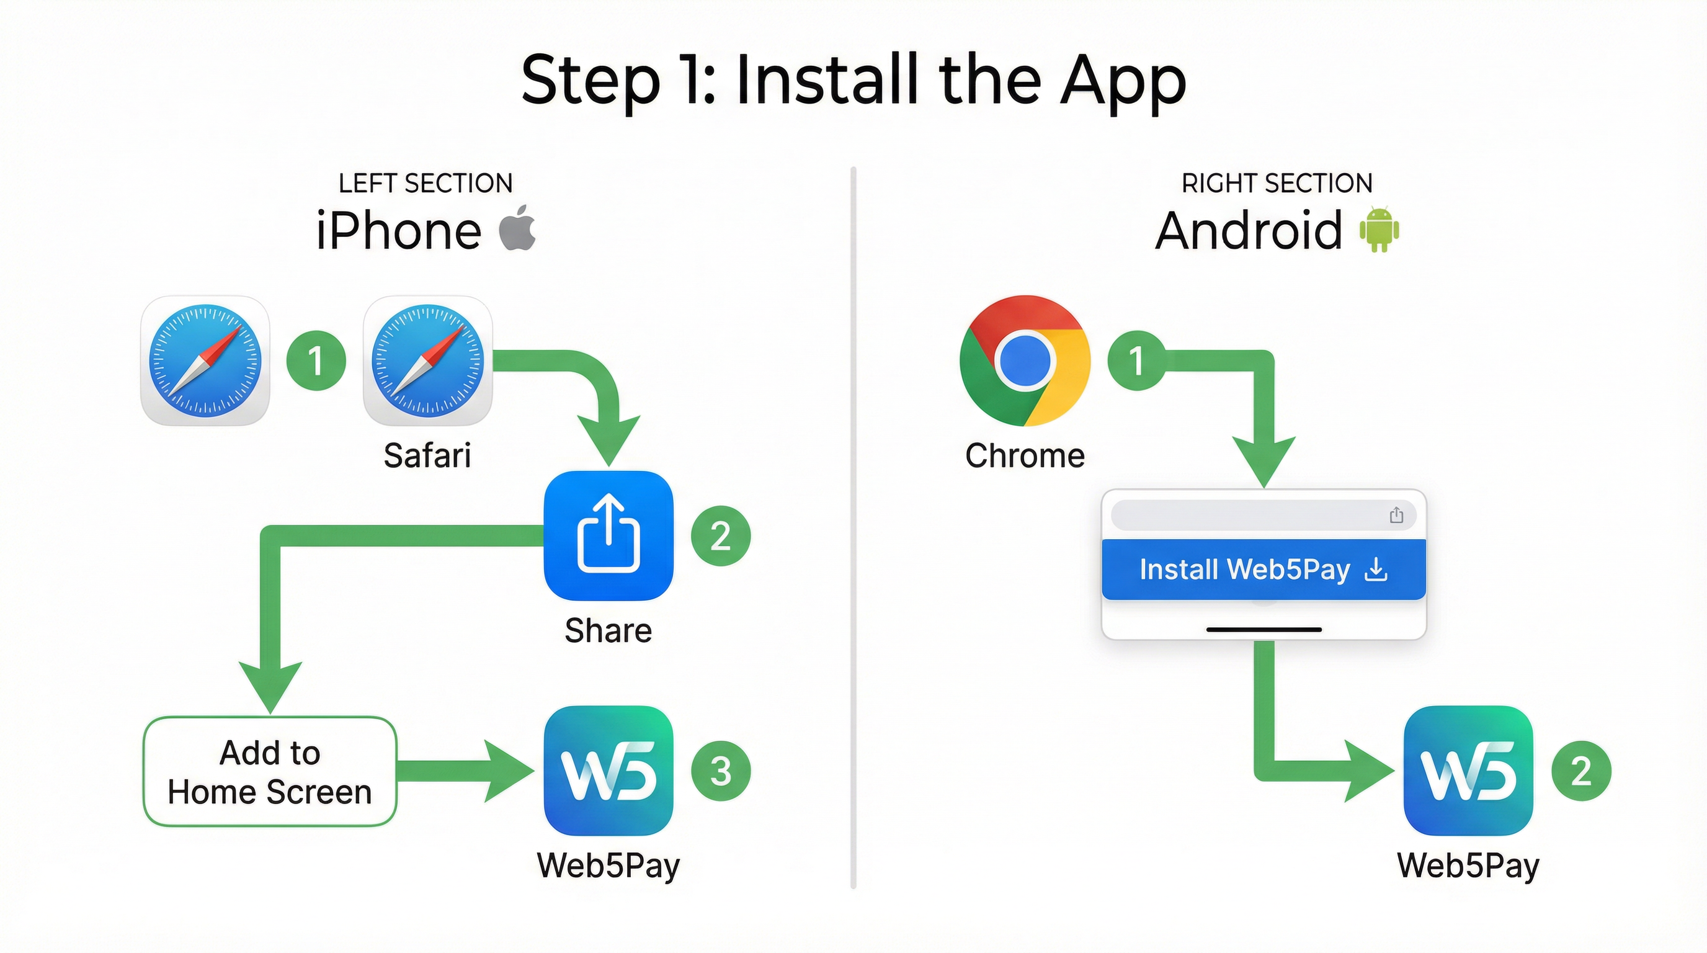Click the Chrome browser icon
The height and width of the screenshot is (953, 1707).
[x=1025, y=360]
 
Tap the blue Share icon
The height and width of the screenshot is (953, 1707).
[x=608, y=535]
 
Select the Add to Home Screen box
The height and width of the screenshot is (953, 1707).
[x=270, y=771]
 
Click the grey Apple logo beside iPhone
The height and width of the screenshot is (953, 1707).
[x=517, y=228]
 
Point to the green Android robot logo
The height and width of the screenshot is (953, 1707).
[x=1379, y=230]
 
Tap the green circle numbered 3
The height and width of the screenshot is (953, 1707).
[x=720, y=771]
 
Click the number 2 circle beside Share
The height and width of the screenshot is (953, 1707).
[x=720, y=535]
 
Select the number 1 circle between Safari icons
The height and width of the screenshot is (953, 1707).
[x=316, y=360]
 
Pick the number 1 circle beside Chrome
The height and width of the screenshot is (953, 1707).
[x=1136, y=360]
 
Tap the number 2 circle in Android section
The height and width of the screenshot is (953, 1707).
[x=1581, y=771]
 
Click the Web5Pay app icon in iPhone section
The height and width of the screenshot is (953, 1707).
[x=608, y=771]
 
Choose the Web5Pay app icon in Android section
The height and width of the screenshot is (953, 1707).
[x=1468, y=771]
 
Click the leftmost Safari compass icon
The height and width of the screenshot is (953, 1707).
[x=205, y=360]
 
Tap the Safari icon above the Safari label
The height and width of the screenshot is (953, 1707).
[x=427, y=360]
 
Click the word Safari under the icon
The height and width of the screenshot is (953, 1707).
[x=427, y=456]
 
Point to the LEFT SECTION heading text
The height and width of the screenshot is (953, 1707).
[x=426, y=184]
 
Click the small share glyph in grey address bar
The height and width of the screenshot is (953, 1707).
[x=1396, y=515]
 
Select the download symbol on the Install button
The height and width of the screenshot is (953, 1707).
[x=1376, y=570]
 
